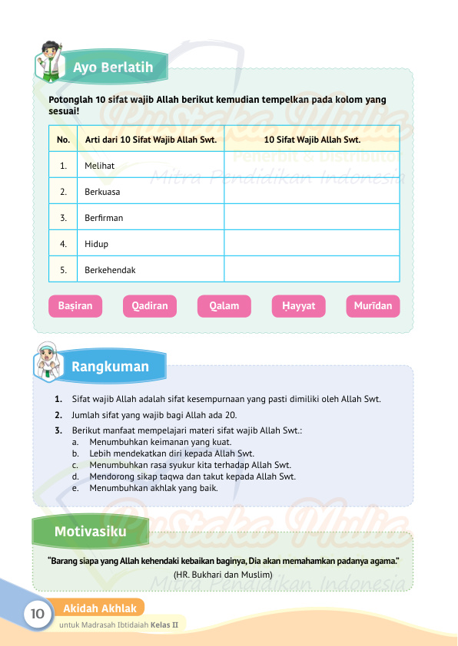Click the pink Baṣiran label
[75, 306]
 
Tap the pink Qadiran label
[149, 306]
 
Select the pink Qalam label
[224, 306]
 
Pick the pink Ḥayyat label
[298, 306]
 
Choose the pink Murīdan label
[373, 306]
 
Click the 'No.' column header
[63, 140]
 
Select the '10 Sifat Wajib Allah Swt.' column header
[312, 140]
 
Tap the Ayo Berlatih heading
[113, 68]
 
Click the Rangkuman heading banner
[111, 367]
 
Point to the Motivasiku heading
[91, 532]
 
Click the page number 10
[36, 615]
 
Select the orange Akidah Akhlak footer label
[100, 608]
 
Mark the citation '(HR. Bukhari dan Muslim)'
[224, 574]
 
